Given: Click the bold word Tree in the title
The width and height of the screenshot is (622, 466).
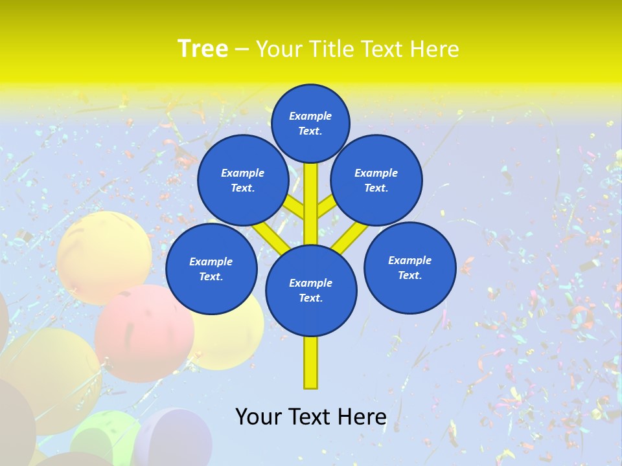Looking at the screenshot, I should tap(203, 49).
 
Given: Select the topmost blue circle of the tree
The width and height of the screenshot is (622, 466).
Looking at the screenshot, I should tap(310, 123).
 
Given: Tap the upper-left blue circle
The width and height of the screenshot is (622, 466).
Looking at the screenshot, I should tap(243, 181).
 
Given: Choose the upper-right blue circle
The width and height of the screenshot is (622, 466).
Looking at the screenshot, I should tap(376, 181).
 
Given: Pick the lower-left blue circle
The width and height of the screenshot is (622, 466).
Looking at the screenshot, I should tap(211, 269).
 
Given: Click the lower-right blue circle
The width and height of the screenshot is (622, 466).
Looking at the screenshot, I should tap(410, 267).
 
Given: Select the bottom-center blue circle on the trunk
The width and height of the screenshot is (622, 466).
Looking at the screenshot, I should tap(311, 291).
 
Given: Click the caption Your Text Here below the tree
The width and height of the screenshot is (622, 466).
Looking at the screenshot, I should tap(311, 417).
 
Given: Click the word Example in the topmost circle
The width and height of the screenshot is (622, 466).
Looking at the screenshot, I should tap(310, 116).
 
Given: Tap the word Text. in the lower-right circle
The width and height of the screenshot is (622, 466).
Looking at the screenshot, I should tap(410, 275).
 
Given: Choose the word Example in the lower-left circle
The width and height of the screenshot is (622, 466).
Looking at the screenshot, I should tap(211, 261).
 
